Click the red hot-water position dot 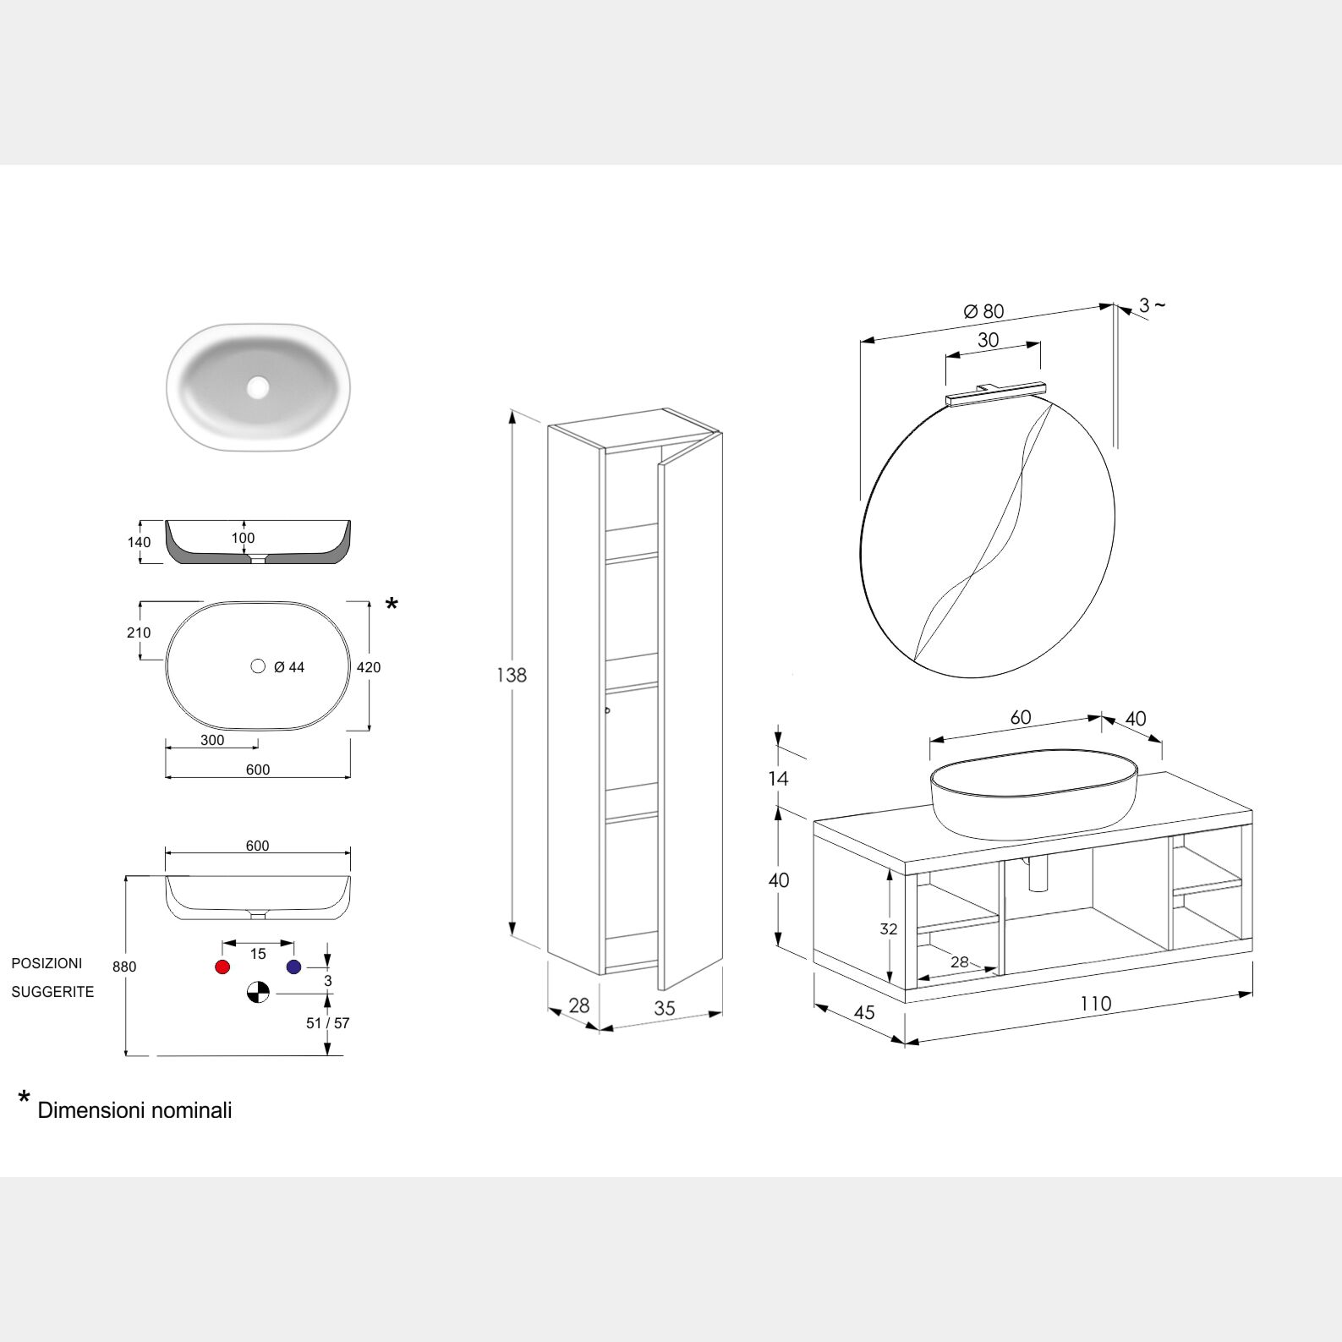coord(222,967)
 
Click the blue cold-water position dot coord(293,967)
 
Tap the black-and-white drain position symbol coord(258,992)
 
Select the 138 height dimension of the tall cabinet coord(512,675)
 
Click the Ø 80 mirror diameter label coord(983,311)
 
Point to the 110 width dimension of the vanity coord(1095,1004)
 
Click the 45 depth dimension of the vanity coord(864,1012)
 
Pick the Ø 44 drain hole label coord(289,667)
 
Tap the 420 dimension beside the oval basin coord(369,667)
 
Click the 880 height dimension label coord(124,967)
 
